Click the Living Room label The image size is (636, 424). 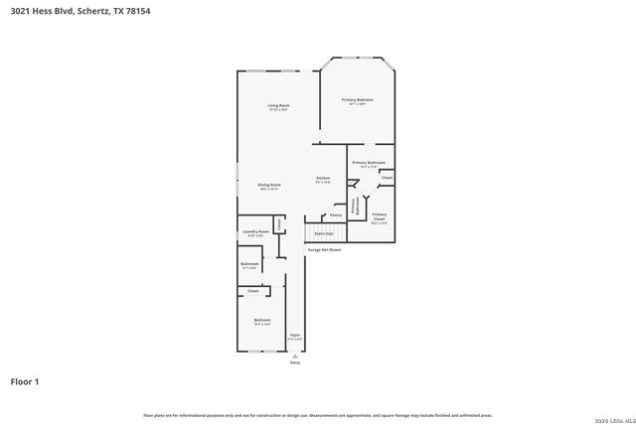(x=278, y=106)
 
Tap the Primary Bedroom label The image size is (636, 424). (x=358, y=100)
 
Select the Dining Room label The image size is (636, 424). (x=269, y=186)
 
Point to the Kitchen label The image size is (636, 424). (x=323, y=179)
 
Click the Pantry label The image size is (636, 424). (x=336, y=214)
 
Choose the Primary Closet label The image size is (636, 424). (x=379, y=216)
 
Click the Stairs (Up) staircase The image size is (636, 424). (x=324, y=233)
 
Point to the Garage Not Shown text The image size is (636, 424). (x=324, y=250)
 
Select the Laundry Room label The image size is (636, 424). (x=256, y=232)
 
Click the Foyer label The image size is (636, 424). (x=295, y=336)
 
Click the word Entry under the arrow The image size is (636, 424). (x=295, y=362)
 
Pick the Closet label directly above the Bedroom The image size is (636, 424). (x=253, y=291)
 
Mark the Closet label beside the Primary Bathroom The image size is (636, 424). (x=387, y=178)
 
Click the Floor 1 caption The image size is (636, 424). (x=25, y=381)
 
